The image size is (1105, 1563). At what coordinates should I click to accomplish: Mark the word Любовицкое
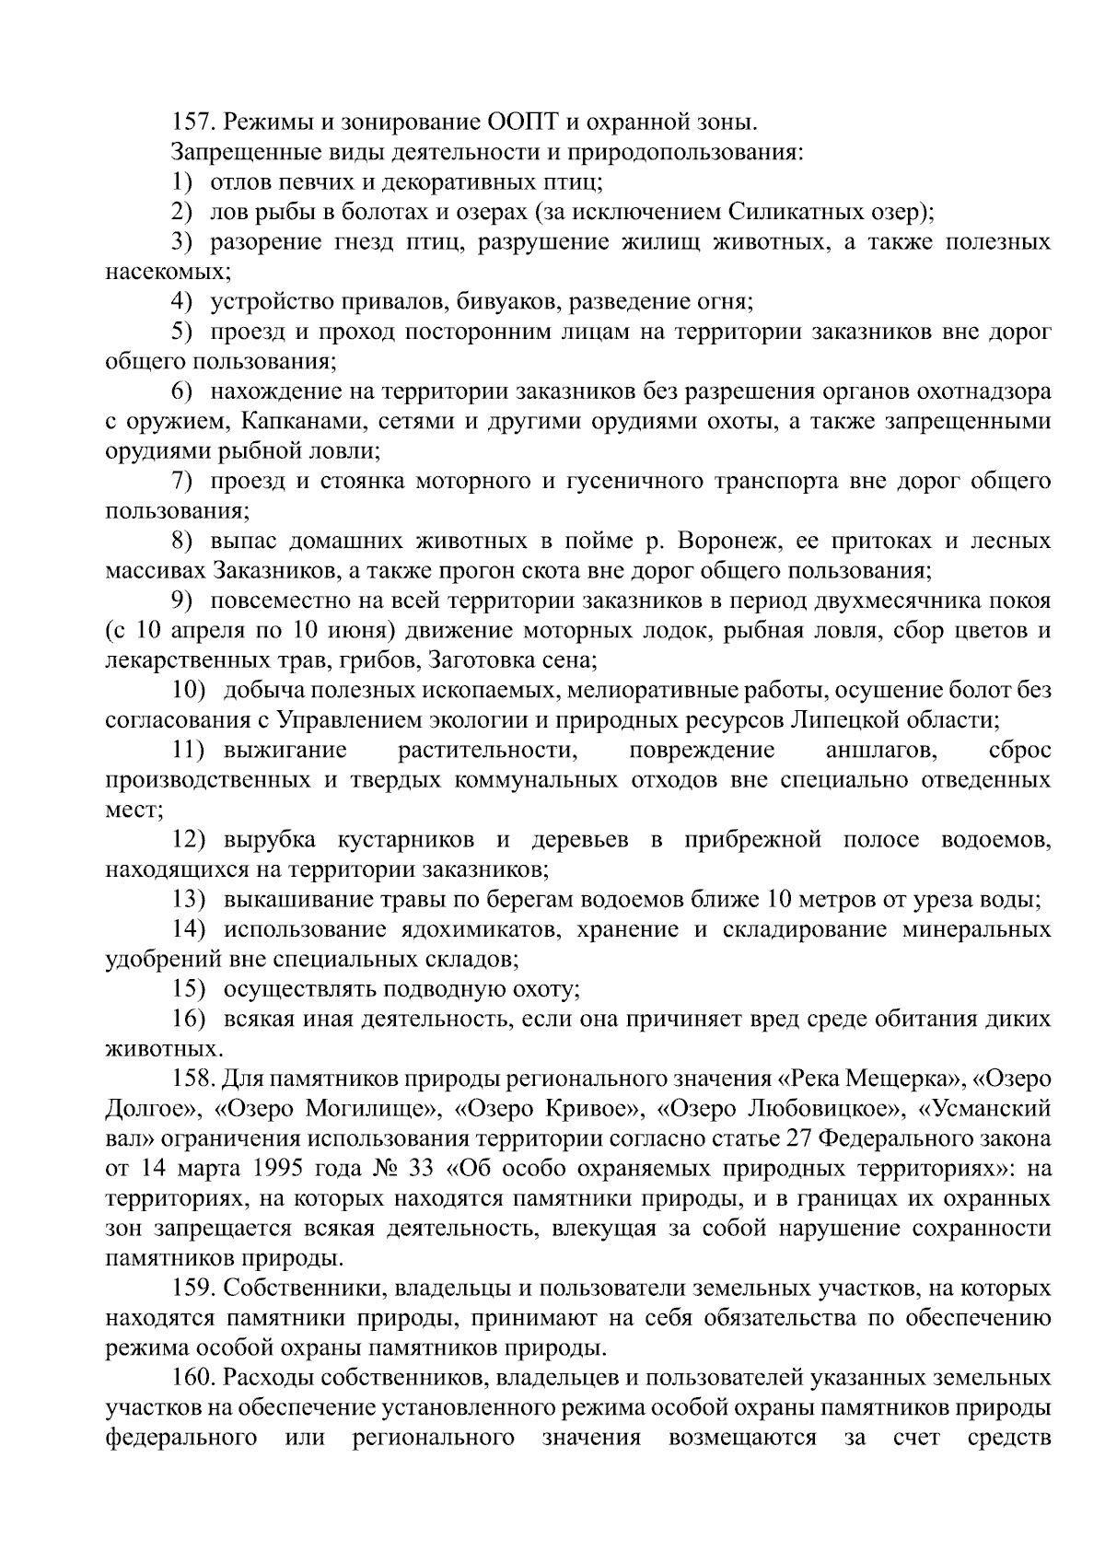[816, 1108]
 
